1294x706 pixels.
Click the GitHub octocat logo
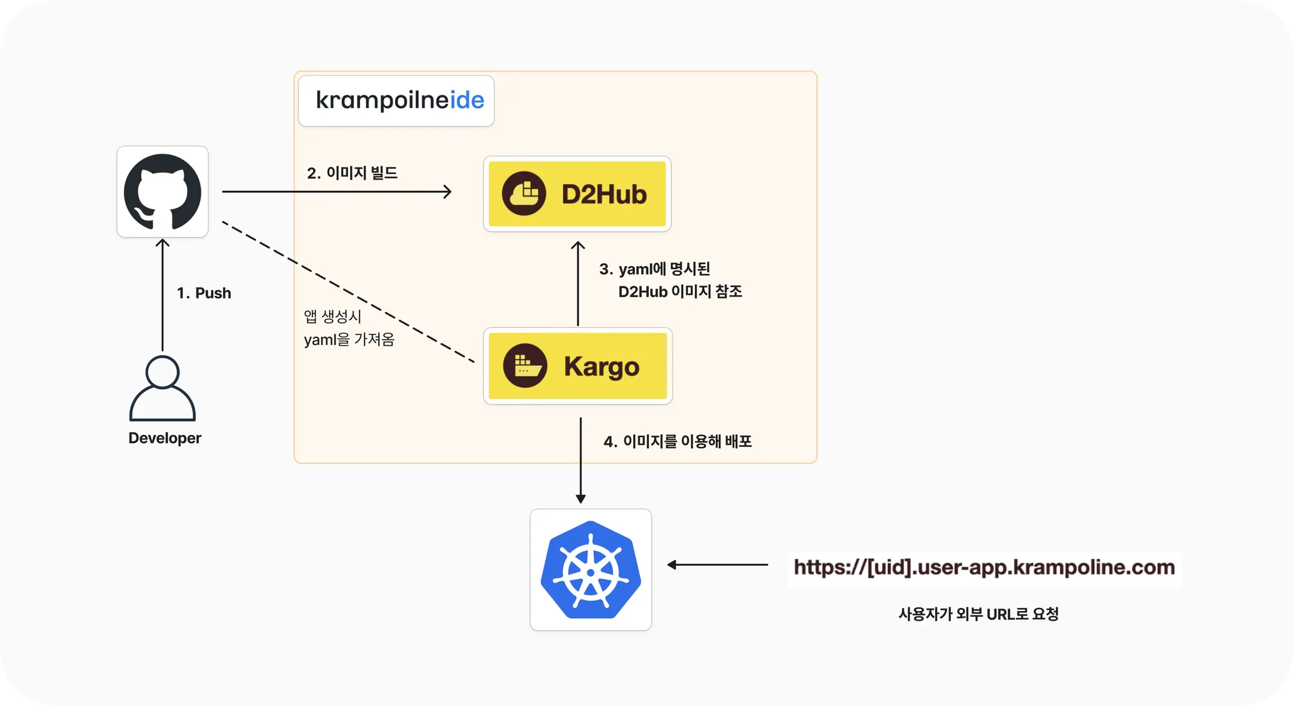click(162, 192)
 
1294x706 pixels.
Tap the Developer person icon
click(162, 388)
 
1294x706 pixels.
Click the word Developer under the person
click(164, 438)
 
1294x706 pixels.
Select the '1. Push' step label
click(203, 293)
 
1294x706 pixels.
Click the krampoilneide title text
click(399, 100)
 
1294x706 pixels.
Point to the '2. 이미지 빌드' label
click(352, 173)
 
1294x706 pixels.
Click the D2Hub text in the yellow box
click(604, 194)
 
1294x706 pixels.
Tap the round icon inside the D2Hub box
click(524, 193)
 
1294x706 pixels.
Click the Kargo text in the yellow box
click(602, 367)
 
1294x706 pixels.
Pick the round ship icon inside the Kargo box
click(525, 365)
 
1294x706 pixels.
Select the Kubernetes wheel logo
click(591, 570)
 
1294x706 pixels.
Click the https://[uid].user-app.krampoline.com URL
click(984, 568)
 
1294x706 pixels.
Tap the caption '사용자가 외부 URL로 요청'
click(978, 614)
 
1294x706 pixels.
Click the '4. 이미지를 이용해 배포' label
click(677, 441)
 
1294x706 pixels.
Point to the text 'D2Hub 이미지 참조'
click(680, 291)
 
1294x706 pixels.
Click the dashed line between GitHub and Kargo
click(348, 291)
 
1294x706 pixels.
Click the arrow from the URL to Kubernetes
click(718, 564)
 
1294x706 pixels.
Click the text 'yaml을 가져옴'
click(349, 340)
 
